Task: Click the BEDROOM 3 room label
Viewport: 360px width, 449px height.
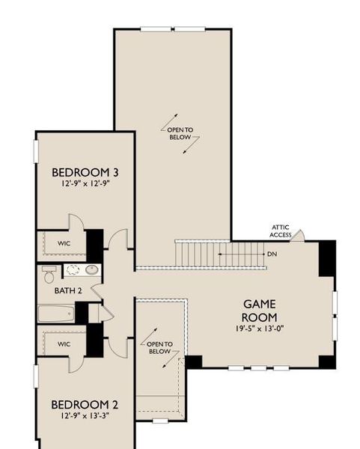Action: coord(85,172)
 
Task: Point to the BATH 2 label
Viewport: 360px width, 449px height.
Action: coord(68,290)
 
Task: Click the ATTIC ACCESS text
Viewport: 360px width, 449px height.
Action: coord(281,230)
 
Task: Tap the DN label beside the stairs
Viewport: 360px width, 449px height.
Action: coord(272,254)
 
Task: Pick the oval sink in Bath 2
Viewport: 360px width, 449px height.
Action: coord(92,270)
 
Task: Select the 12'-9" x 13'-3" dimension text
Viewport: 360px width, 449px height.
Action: coord(85,415)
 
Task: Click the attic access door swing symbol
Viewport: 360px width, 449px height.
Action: coord(297,236)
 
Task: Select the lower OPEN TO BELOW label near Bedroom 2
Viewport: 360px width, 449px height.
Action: coord(159,348)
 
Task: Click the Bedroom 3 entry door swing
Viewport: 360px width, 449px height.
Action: coord(118,239)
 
